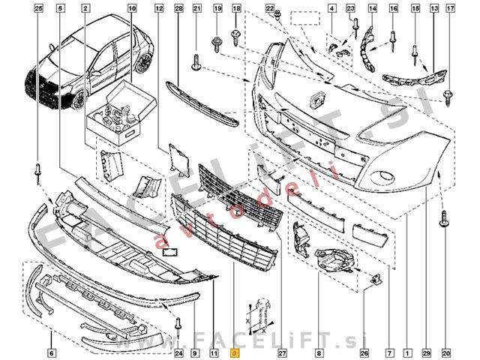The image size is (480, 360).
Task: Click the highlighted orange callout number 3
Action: tap(235, 353)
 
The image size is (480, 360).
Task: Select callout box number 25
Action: tap(38, 8)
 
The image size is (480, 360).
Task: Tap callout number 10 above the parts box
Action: tap(132, 8)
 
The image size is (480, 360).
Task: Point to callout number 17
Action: tap(451, 8)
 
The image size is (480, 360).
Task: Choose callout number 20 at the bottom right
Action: tap(447, 353)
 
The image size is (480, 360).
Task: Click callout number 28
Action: tap(178, 8)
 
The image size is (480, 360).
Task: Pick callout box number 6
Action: tap(52, 353)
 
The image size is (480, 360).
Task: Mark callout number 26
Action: tap(364, 353)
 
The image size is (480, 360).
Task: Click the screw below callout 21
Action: tap(196, 62)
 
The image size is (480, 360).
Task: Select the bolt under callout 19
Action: tap(217, 44)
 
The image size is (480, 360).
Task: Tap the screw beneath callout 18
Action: tap(235, 37)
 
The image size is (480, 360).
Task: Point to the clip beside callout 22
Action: tap(277, 15)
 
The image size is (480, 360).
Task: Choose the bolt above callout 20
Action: tap(444, 218)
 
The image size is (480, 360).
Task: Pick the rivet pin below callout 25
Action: tap(38, 173)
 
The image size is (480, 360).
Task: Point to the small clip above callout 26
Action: tap(376, 278)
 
